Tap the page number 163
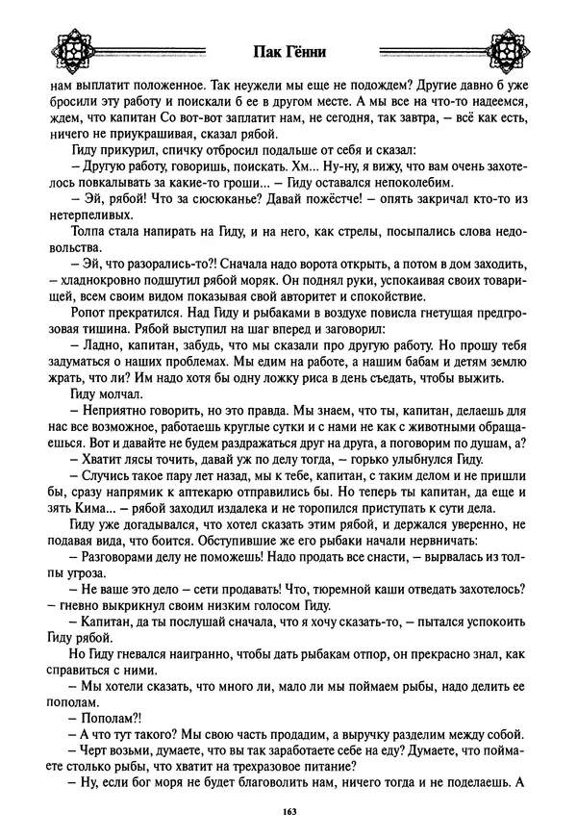(289, 813)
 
